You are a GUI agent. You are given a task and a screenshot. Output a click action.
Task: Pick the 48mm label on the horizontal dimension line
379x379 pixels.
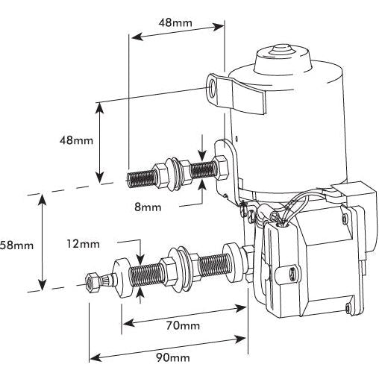[175, 22]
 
